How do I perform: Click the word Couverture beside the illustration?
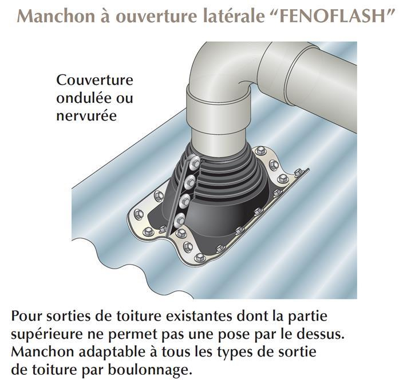pos(94,81)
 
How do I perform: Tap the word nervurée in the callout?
pos(86,116)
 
